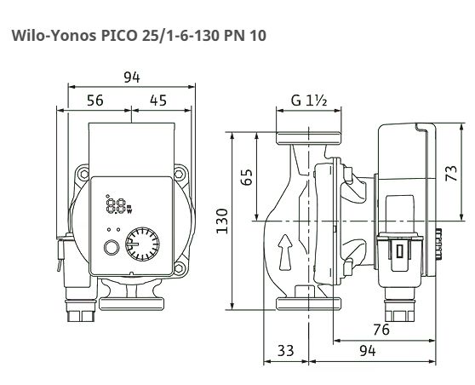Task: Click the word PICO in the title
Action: pos(119,36)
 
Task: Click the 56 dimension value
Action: pos(95,101)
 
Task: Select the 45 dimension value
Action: pos(158,101)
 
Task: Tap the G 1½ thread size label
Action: pos(309,101)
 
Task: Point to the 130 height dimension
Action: pos(222,221)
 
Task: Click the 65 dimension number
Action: pos(247,176)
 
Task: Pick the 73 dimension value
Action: pos(451,173)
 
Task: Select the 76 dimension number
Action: pos(381,330)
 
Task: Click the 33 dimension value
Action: pos(286,351)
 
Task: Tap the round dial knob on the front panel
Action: pos(143,244)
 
